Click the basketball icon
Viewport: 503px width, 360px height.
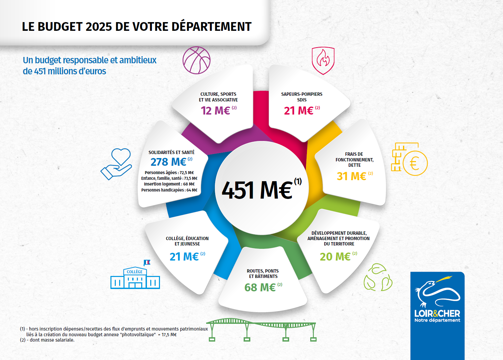196,60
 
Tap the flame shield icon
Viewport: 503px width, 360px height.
323,60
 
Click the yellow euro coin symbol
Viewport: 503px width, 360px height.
415,163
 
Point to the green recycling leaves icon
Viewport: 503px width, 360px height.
378,278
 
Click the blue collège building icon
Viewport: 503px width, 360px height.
135,278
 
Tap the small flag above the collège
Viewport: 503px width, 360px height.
147,263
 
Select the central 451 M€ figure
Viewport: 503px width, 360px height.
258,190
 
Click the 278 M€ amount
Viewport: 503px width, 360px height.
168,162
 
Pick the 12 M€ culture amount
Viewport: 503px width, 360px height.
215,111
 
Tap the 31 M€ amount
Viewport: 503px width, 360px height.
351,176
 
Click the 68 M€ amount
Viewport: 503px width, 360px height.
260,287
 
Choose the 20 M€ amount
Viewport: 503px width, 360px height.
335,257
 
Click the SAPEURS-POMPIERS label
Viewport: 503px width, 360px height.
302,94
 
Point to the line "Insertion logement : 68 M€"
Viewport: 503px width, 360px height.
169,184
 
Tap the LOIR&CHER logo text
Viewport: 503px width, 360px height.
437,313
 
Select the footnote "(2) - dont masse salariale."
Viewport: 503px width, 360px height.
47,340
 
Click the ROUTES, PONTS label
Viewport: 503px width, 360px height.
263,271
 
